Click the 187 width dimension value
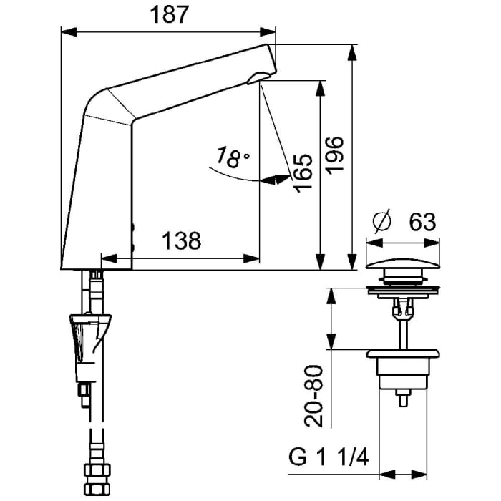coord(169,16)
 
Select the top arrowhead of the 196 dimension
coord(352,51)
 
